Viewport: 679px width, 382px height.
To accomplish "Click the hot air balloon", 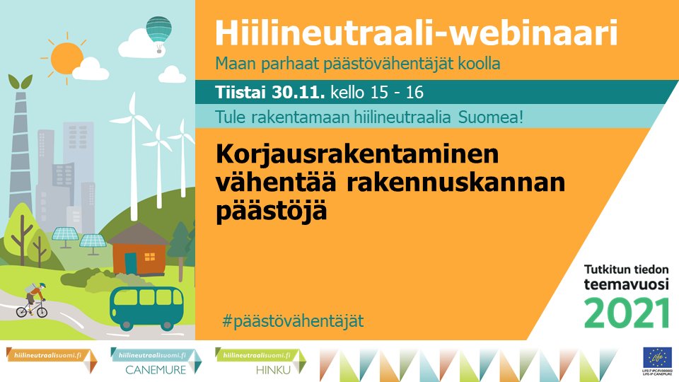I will click(158, 31).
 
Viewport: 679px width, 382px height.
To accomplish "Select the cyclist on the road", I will click(33, 300).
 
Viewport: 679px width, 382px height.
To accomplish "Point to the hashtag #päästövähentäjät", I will click(292, 320).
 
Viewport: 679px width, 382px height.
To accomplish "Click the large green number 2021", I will click(627, 312).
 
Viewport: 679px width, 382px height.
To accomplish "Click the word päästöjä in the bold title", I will click(271, 210).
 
